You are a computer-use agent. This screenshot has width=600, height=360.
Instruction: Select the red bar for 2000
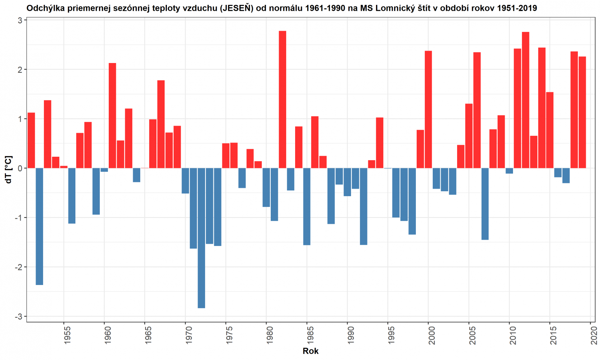point(428,109)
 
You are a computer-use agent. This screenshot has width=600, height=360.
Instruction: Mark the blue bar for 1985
point(307,206)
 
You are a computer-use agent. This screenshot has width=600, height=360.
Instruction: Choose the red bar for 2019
point(582,112)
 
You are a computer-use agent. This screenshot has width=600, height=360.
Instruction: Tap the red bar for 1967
point(161,124)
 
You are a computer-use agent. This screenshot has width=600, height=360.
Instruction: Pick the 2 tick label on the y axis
point(20,69)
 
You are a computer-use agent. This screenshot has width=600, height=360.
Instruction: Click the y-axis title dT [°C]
point(8,169)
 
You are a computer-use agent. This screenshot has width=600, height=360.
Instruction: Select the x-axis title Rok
point(310,351)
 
